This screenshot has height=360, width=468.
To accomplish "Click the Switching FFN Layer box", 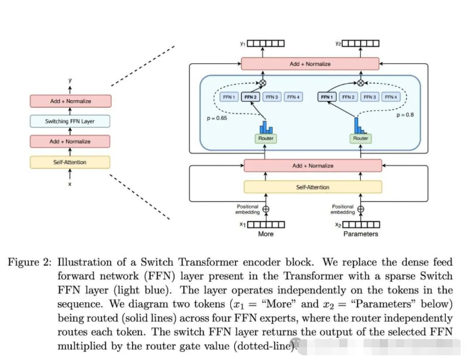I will pyautogui.click(x=69, y=121).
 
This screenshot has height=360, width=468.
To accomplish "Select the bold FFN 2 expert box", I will pyautogui.click(x=250, y=97).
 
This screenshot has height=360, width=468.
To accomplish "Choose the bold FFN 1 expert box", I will pyautogui.click(x=327, y=97).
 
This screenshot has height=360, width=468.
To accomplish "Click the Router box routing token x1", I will pyautogui.click(x=265, y=138).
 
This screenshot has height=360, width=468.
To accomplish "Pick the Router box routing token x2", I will pyautogui.click(x=361, y=138).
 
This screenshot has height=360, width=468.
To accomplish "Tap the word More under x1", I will pyautogui.click(x=265, y=234).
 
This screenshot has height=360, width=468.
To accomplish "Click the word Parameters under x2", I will pyautogui.click(x=360, y=234).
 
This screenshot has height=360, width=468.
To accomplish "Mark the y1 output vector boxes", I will pyautogui.click(x=265, y=44).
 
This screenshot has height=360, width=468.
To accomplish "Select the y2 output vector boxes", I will pyautogui.click(x=361, y=44).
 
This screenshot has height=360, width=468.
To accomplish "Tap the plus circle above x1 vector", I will pyautogui.click(x=265, y=209).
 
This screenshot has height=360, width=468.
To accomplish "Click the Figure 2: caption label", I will pyautogui.click(x=29, y=262).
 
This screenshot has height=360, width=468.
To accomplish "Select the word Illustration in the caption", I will pyautogui.click(x=84, y=262).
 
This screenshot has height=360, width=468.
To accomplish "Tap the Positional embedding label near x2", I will pyautogui.click(x=343, y=209).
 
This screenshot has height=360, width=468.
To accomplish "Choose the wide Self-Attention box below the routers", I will pyautogui.click(x=312, y=187).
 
